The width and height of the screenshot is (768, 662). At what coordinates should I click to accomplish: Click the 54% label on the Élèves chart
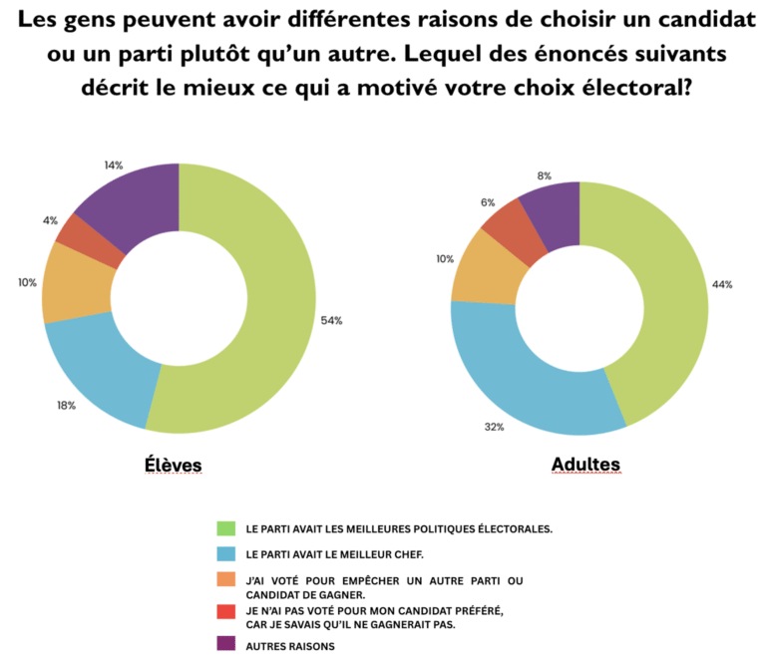tap(331, 320)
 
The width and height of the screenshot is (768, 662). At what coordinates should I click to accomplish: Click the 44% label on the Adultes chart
tap(722, 284)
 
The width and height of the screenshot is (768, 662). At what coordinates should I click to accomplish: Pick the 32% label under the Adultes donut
tap(495, 427)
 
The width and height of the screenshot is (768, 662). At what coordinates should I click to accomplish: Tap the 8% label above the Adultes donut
tap(544, 175)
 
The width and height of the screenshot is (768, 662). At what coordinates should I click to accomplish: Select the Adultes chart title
tap(585, 465)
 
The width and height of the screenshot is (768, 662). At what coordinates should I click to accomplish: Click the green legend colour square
tap(225, 527)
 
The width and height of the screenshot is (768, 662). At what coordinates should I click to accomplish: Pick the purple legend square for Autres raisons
tap(225, 645)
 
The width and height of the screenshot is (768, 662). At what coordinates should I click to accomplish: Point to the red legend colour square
tap(225, 612)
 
